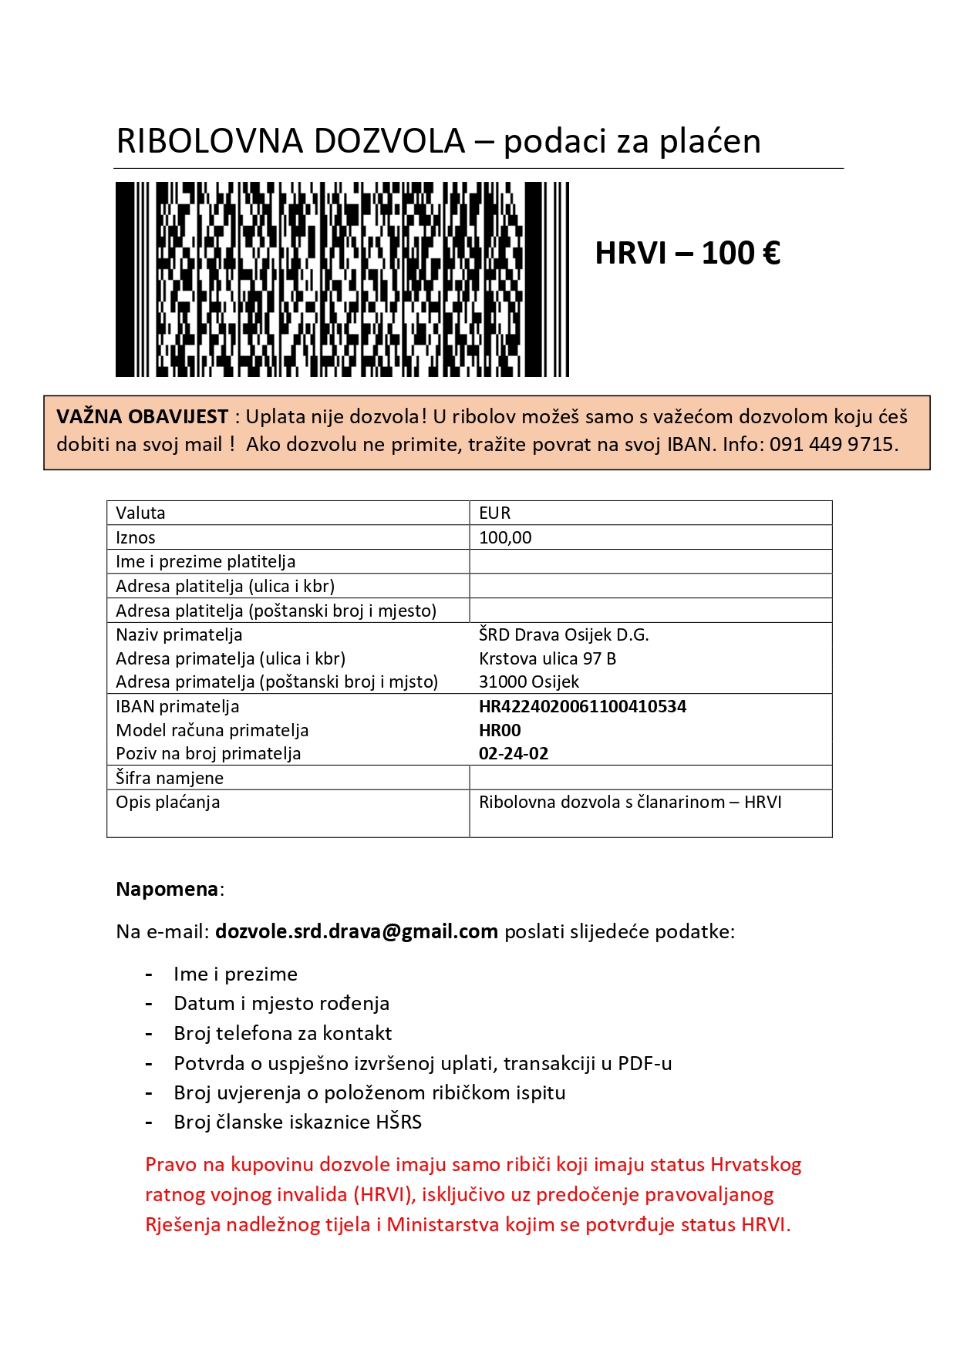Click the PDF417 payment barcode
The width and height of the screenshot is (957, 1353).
click(342, 279)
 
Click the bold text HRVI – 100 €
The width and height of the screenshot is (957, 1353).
click(687, 253)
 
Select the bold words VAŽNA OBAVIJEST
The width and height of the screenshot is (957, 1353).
click(143, 417)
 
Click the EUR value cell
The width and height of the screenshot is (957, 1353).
click(495, 513)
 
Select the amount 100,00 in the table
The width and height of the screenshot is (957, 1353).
click(505, 537)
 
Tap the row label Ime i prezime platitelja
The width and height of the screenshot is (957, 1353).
click(205, 561)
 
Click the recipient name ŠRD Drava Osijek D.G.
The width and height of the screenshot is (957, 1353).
click(564, 634)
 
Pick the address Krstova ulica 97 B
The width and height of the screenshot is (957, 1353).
click(547, 658)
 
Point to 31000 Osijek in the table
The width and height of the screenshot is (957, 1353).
click(528, 682)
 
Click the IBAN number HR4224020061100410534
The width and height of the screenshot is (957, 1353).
click(582, 706)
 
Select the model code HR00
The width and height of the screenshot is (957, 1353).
click(500, 730)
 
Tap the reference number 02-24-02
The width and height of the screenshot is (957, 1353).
click(514, 753)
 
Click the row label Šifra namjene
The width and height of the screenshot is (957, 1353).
click(170, 778)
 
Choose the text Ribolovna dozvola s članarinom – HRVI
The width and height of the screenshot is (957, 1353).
click(630, 802)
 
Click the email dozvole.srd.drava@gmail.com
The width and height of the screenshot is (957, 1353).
click(356, 931)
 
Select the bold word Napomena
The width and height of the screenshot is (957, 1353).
click(167, 889)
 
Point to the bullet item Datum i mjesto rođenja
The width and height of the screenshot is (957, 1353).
click(281, 1003)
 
